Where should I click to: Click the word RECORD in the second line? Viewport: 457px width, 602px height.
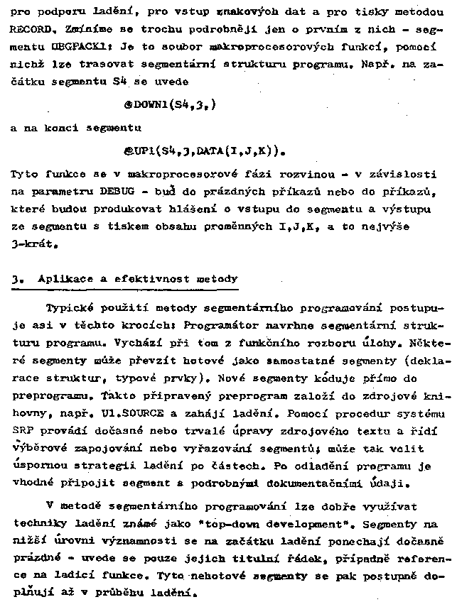pyautogui.click(x=28, y=31)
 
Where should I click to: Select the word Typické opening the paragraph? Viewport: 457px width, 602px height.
pyautogui.click(x=70, y=309)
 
